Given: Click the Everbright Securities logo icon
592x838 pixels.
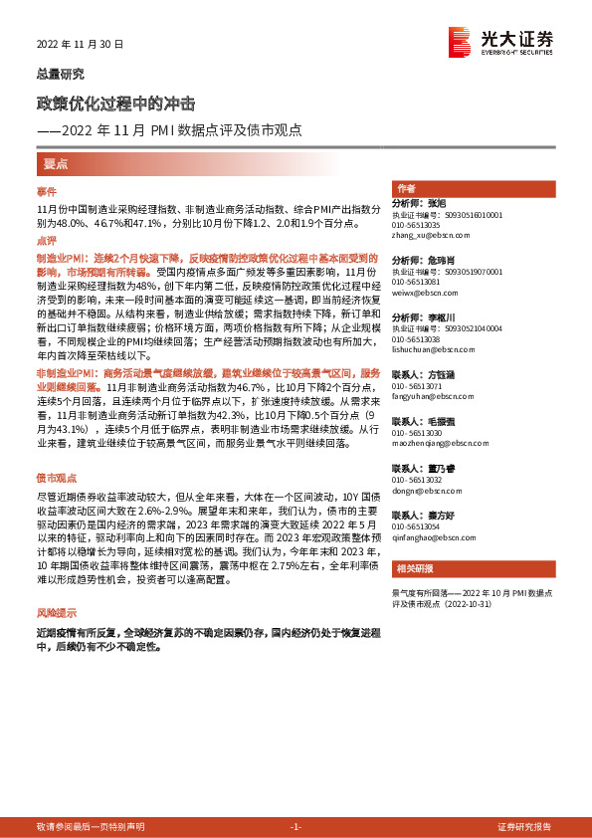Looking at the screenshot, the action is pyautogui.click(x=460, y=43).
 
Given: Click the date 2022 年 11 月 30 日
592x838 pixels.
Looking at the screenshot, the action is pyautogui.click(x=81, y=44).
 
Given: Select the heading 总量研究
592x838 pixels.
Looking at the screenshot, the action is pyautogui.click(x=61, y=74).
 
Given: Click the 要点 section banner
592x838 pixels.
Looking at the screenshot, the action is pyautogui.click(x=56, y=163).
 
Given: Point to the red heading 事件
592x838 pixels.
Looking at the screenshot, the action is pyautogui.click(x=47, y=190).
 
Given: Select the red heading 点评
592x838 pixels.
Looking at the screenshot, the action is pyautogui.click(x=47, y=240).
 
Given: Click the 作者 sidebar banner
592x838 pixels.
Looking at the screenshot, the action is pyautogui.click(x=406, y=188).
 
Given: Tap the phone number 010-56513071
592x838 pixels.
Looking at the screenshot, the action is pyautogui.click(x=417, y=385).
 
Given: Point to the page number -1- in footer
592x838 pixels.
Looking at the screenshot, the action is pyautogui.click(x=296, y=827).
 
